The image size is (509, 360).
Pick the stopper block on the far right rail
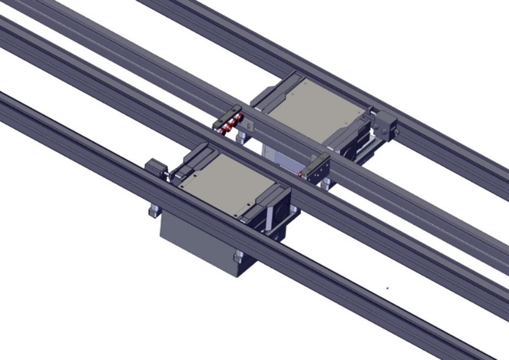coord(385,125)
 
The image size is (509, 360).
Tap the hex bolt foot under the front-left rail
coord(154,210)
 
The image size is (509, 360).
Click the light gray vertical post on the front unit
coord(270,217)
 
